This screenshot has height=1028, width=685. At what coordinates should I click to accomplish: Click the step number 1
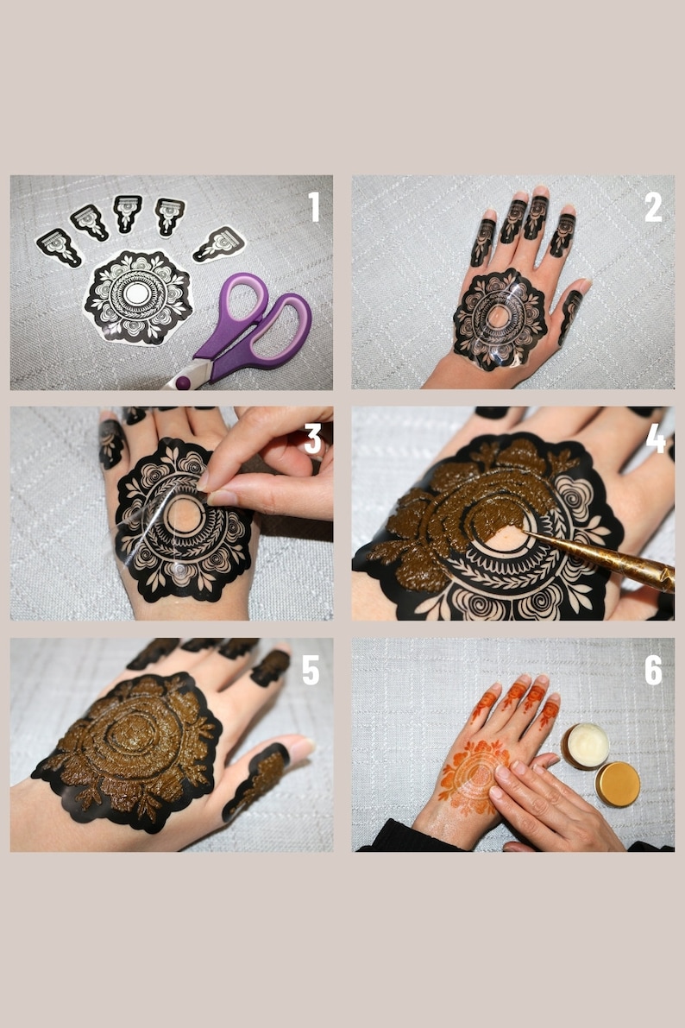click(313, 207)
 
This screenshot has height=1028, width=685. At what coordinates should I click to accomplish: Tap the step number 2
click(653, 207)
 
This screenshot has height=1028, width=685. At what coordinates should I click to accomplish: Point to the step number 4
click(655, 438)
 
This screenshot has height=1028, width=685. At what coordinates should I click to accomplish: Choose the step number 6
click(654, 670)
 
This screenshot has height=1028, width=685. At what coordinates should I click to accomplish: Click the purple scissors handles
click(259, 324)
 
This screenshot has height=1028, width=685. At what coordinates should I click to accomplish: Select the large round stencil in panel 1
click(136, 295)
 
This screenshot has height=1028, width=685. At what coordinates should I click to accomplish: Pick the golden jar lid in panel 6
click(618, 784)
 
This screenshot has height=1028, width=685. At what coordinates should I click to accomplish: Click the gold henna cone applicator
click(604, 559)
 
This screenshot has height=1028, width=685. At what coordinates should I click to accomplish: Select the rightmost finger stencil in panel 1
click(219, 243)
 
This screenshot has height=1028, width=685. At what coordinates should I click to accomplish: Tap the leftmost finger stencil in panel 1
click(59, 247)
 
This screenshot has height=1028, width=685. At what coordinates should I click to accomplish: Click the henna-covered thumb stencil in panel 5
click(255, 781)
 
